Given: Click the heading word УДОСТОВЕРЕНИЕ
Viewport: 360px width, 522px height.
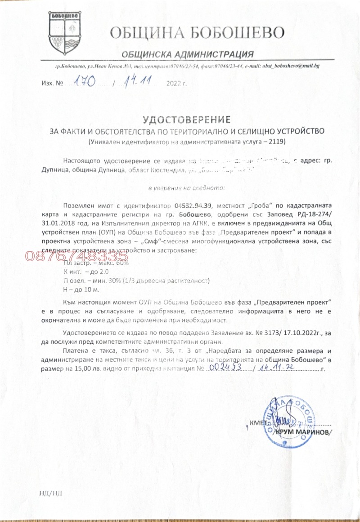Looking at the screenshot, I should pyautogui.click(x=186, y=119).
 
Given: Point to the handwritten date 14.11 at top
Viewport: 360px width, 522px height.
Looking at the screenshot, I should pyautogui.click(x=139, y=82).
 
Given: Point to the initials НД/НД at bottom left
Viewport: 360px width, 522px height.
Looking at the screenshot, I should pyautogui.click(x=50, y=492).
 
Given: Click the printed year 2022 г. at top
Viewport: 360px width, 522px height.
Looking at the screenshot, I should pyautogui.click(x=176, y=84).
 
